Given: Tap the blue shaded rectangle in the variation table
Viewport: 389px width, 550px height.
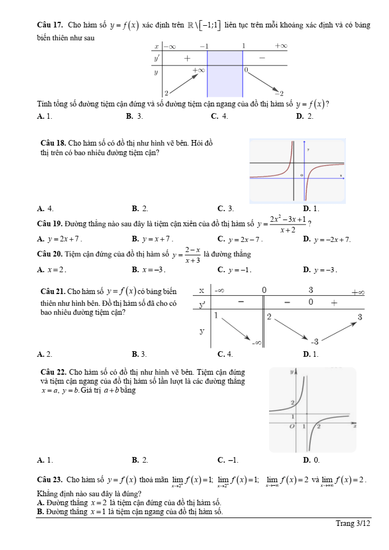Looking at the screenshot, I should [225, 73].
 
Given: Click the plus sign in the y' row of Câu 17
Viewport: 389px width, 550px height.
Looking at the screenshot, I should [186, 58].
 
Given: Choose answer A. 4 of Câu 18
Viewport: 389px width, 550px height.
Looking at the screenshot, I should [45, 208].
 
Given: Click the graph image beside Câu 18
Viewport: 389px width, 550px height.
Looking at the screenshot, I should [297, 170].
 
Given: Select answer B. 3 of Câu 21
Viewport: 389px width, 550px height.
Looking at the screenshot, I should [140, 354].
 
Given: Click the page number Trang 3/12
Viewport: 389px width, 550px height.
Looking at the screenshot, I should [353, 524].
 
